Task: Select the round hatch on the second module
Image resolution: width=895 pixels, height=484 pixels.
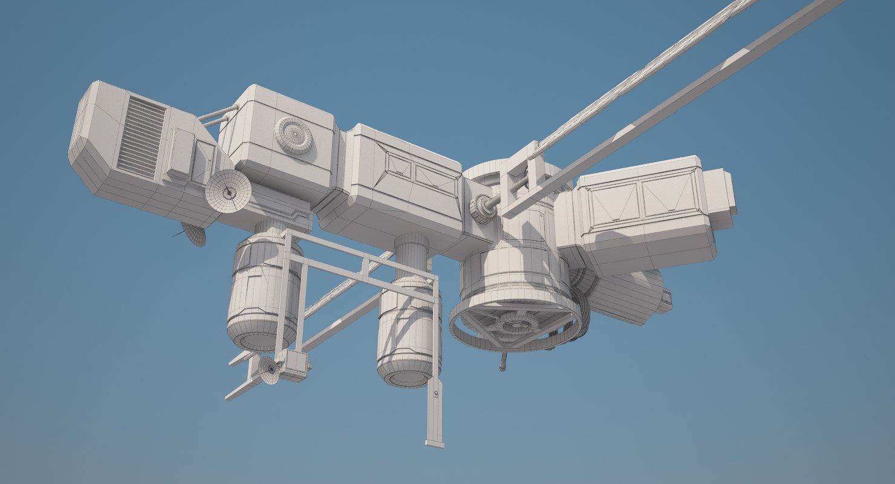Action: (x=295, y=135)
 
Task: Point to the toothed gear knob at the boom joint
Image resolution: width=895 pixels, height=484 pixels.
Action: (x=482, y=209)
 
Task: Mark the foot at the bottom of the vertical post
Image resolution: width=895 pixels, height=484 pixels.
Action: (x=434, y=443)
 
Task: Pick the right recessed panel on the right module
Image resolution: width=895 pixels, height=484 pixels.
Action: (x=669, y=194)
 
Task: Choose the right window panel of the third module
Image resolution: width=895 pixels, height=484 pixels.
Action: (x=436, y=180)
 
